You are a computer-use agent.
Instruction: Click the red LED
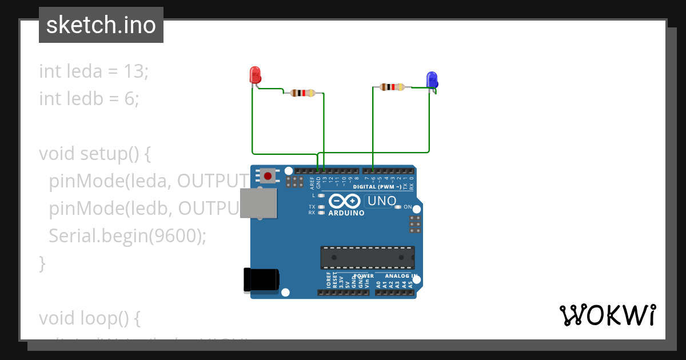(x=255, y=75)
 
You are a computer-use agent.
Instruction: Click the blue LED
(x=432, y=79)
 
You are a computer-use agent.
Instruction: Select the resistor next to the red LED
(x=302, y=93)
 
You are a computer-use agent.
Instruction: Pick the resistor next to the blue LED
(x=392, y=87)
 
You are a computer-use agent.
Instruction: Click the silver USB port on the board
(x=257, y=203)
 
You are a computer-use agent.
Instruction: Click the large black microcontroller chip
(x=367, y=258)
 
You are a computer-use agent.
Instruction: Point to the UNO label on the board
(x=381, y=201)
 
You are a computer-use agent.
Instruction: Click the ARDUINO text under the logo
(x=346, y=213)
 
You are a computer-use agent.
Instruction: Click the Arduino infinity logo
(x=344, y=201)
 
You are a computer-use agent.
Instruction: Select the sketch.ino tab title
(x=101, y=25)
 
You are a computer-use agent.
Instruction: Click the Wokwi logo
(x=608, y=315)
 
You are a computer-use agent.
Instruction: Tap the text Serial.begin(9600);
(x=127, y=236)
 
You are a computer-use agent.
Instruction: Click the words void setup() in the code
(x=86, y=154)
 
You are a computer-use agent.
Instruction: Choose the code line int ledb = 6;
(x=89, y=99)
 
